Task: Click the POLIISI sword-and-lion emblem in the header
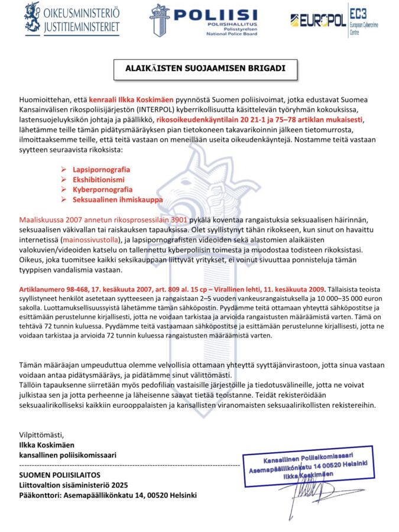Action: click(x=161, y=20)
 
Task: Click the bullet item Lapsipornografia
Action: click(x=101, y=169)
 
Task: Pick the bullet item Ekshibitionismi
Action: click(x=99, y=180)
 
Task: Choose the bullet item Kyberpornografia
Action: click(x=102, y=190)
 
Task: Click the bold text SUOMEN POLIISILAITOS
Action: click(x=59, y=475)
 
